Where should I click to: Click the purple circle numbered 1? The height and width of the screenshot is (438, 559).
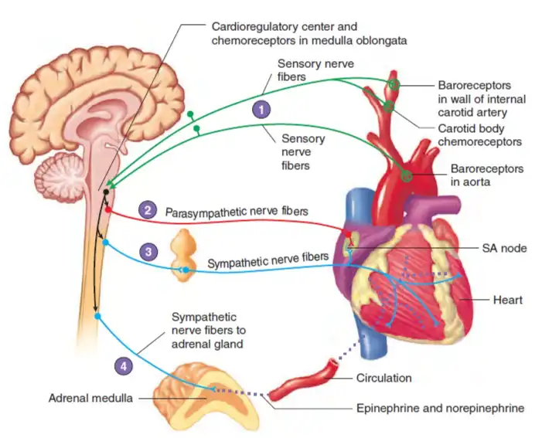[264, 110]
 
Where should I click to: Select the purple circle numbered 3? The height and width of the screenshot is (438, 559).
[147, 251]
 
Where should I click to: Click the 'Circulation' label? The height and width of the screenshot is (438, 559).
[383, 379]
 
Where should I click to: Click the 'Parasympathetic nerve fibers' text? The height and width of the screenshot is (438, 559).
[235, 211]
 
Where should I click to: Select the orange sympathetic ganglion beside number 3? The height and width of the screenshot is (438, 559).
[185, 255]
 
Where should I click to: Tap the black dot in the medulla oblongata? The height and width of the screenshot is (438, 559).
[106, 191]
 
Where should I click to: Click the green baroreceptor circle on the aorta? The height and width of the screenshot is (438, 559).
[407, 177]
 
